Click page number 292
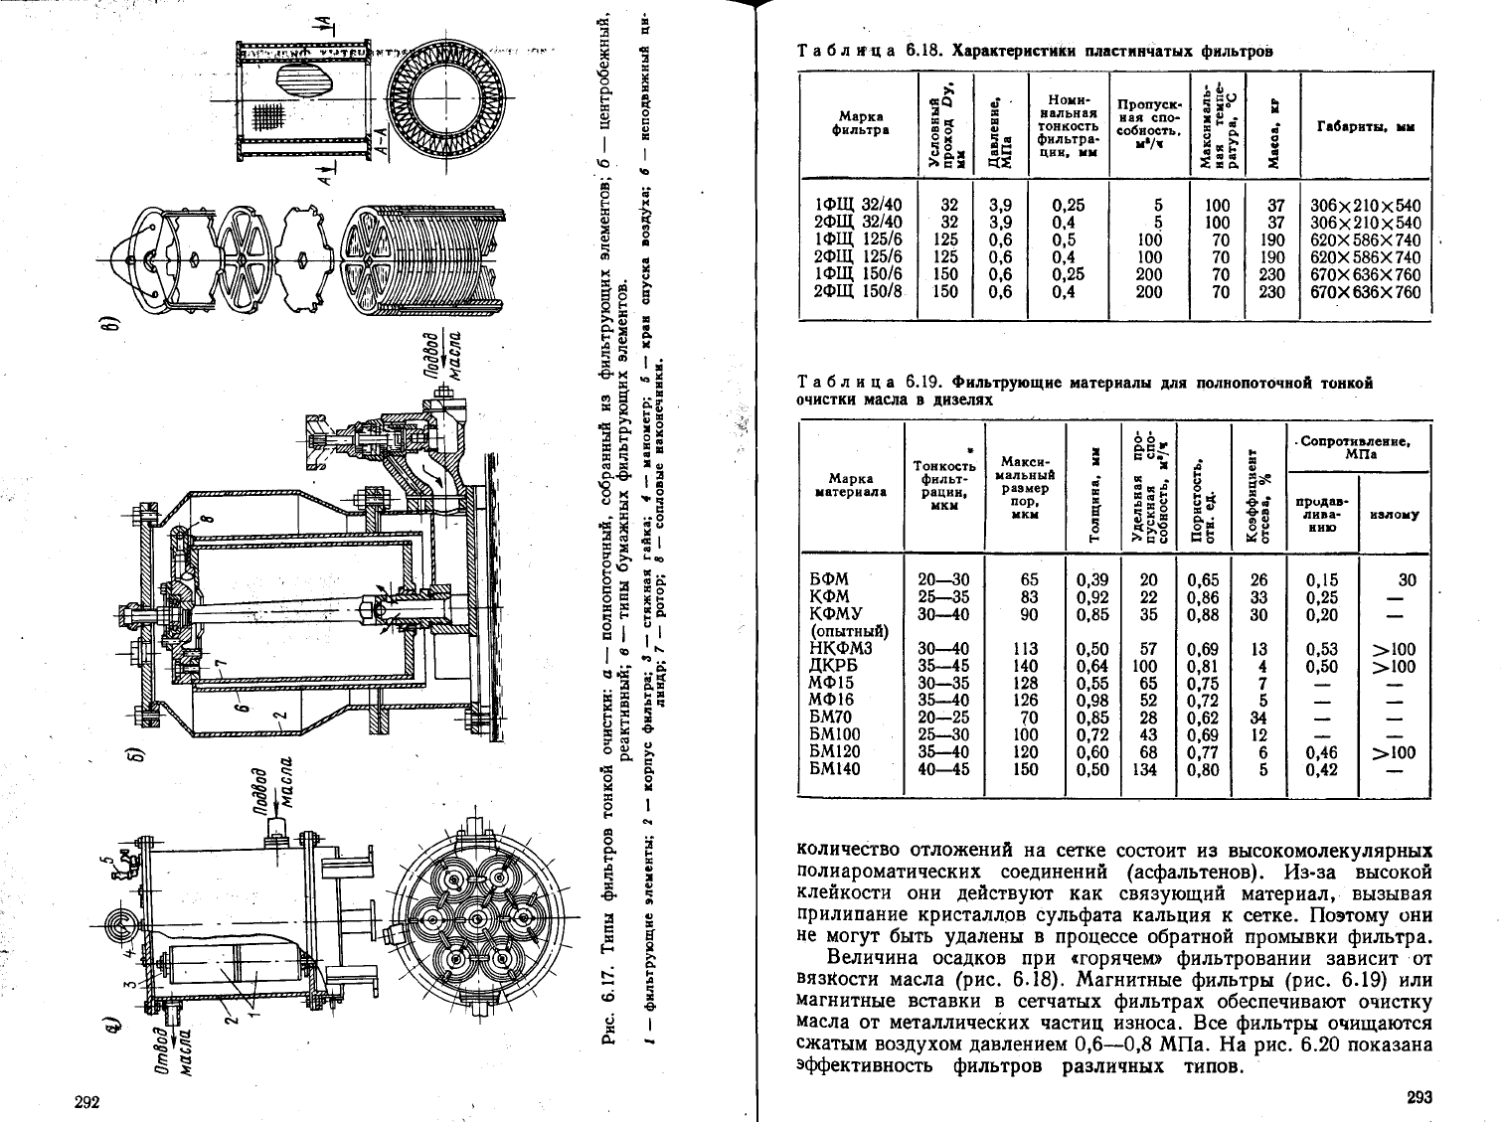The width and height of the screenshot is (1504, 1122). pos(89,1101)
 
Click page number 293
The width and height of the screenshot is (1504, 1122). pos(1419,1097)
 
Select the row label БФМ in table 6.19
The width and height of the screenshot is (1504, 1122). pos(829,580)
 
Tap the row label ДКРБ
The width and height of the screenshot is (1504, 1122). pos(833,666)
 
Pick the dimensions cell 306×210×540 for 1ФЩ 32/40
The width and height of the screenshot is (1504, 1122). pos(1365,206)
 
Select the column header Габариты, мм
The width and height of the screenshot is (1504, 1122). pos(1365,127)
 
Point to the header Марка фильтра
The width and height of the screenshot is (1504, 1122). pos(861,123)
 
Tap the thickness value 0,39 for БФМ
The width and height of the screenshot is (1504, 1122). pos(1092,580)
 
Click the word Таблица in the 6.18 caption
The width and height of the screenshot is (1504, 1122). pos(845,52)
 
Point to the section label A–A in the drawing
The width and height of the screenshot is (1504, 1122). pos(381,153)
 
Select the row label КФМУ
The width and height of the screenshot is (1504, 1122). pos(836,614)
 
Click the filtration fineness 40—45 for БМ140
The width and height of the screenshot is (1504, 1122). pos(943,769)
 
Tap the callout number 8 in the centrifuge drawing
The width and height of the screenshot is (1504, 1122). pos(208,520)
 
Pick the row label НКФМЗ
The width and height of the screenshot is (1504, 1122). pos(840,649)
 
